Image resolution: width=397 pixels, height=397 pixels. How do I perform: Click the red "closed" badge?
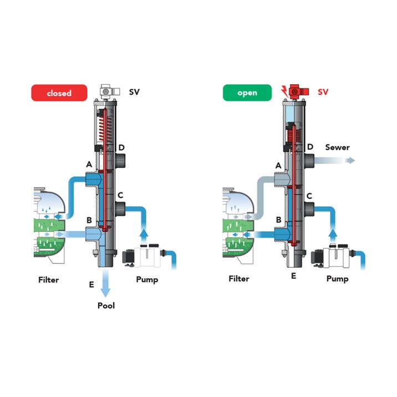pyautogui.click(x=59, y=93)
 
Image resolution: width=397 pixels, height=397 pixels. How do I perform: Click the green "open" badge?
pyautogui.click(x=247, y=93)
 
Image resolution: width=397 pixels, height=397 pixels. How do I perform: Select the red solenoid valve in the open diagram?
pyautogui.click(x=299, y=91)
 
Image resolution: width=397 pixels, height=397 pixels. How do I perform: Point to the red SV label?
pyautogui.click(x=323, y=91)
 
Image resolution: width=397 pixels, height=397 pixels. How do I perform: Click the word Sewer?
pyautogui.click(x=337, y=147)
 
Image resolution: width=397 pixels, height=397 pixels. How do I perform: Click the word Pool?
pyautogui.click(x=106, y=306)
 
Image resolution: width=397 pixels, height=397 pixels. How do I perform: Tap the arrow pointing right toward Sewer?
pyautogui.click(x=334, y=160)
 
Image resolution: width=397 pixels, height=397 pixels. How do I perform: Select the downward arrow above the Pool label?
pyautogui.click(x=105, y=283)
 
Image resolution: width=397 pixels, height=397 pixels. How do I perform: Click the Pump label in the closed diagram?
pyautogui.click(x=147, y=280)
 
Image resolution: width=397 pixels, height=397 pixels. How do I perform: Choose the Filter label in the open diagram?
pyautogui.click(x=239, y=279)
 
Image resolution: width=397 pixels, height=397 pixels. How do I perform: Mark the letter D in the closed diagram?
pyautogui.click(x=121, y=147)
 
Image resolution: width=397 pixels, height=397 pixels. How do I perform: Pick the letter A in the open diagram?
pyautogui.click(x=278, y=166)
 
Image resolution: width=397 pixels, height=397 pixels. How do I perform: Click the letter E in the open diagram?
pyautogui.click(x=293, y=276)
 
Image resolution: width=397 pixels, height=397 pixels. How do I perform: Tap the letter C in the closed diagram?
pyautogui.click(x=120, y=195)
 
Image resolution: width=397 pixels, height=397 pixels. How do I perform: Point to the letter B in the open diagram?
pyautogui.click(x=278, y=220)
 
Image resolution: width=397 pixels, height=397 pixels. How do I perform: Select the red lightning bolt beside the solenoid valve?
pyautogui.click(x=285, y=90)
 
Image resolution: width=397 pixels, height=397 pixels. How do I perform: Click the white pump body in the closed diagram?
pyautogui.click(x=147, y=257)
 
